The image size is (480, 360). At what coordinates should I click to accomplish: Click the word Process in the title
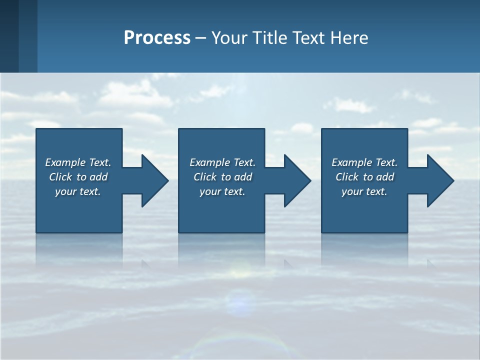coord(157,37)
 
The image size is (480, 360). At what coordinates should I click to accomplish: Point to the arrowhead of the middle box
coord(296,180)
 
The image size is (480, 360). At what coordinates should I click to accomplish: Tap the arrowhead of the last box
coord(439,180)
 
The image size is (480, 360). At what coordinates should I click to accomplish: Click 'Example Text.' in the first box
coord(78,162)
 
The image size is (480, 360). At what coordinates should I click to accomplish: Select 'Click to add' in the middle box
coord(222,177)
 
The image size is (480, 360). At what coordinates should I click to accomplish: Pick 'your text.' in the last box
coord(364,191)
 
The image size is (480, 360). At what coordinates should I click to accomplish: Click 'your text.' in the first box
coord(78,191)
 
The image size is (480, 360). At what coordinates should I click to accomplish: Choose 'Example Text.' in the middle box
coord(222,162)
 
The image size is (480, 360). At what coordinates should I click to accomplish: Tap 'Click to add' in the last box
coord(364,177)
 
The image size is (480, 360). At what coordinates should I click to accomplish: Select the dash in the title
coord(201,38)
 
